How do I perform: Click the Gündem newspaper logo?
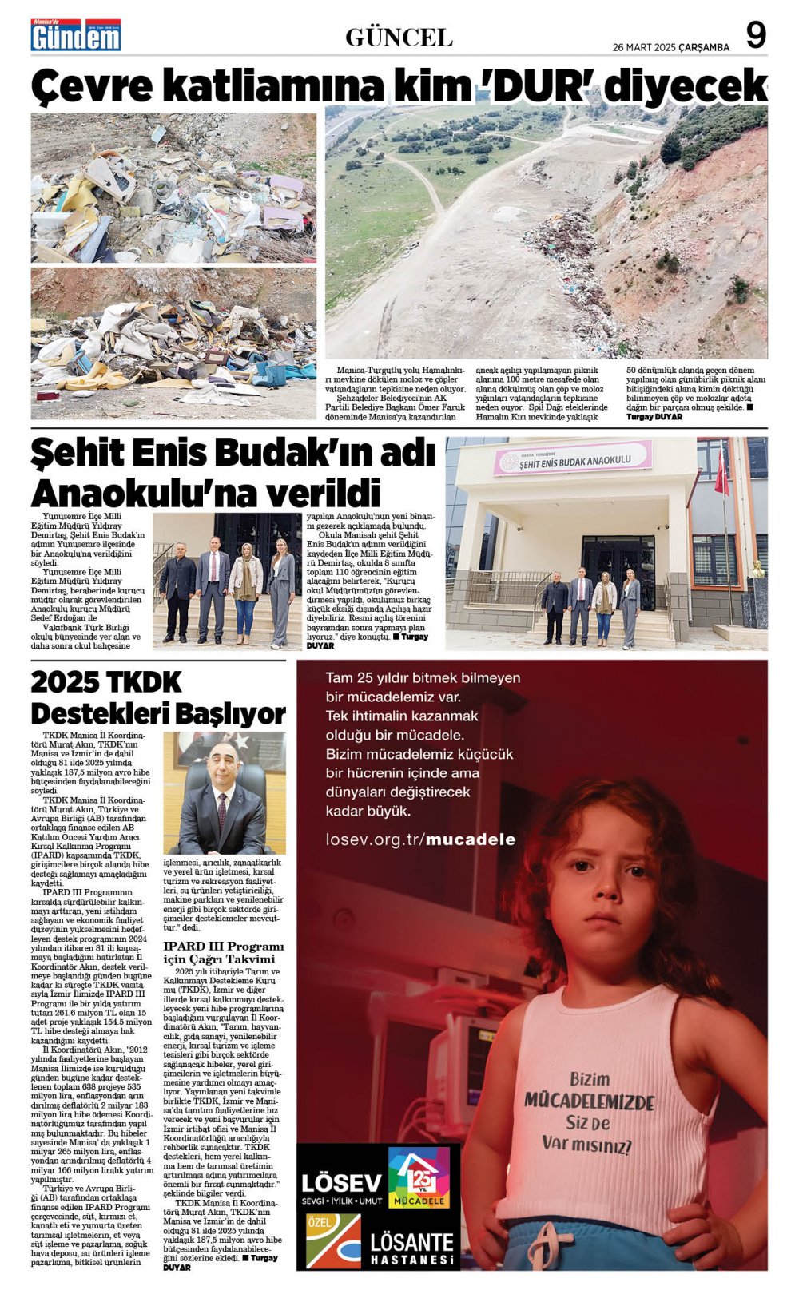76,35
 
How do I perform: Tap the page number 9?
755,36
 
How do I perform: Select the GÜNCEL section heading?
399,37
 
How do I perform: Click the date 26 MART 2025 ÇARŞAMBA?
670,47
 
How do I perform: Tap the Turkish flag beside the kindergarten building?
721,472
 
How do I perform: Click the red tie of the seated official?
221,809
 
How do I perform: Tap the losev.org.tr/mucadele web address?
420,839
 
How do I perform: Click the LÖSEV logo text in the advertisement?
341,1182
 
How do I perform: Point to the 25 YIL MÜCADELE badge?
419,1178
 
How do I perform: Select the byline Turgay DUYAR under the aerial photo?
654,417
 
